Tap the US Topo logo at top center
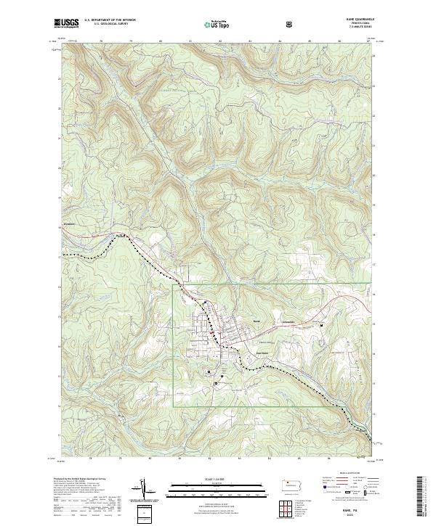[x=210, y=24]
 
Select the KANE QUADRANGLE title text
[x=360, y=20]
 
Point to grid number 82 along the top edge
[x=219, y=42]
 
